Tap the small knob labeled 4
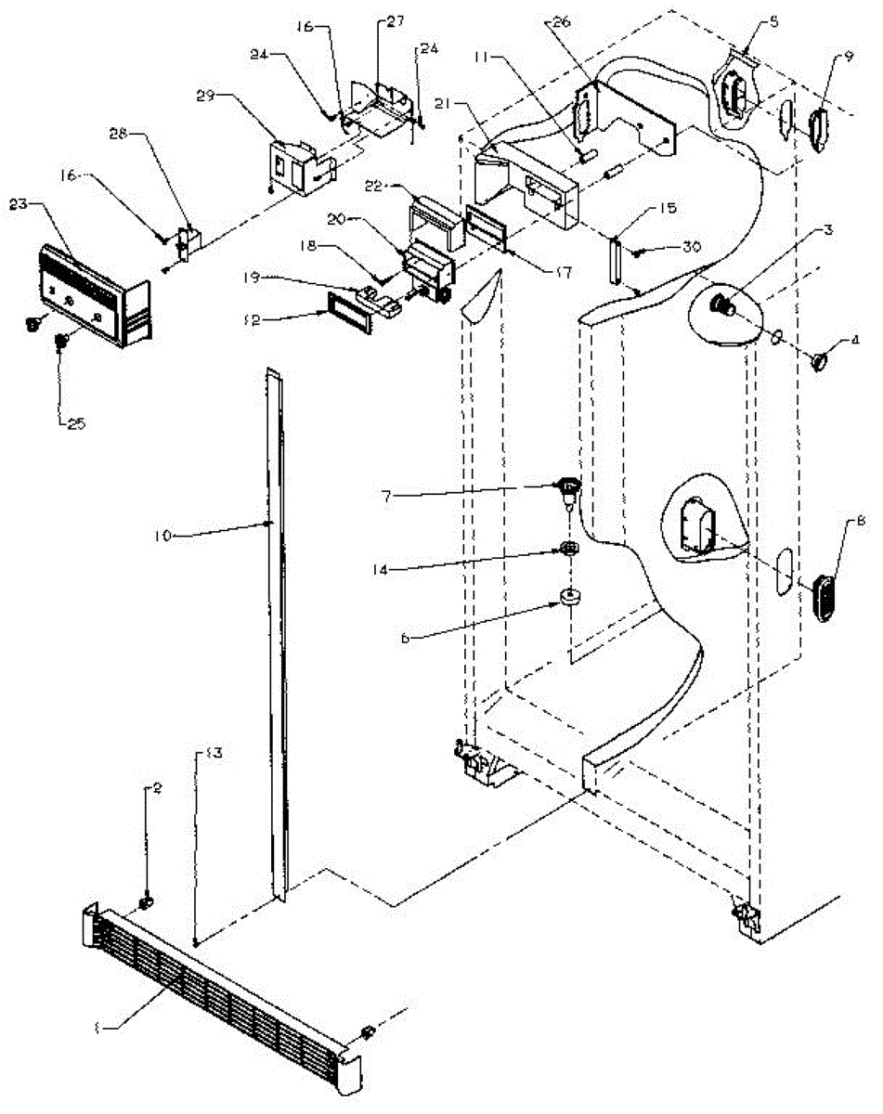coord(819,361)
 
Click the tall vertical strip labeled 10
coord(276,631)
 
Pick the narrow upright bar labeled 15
coord(615,261)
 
